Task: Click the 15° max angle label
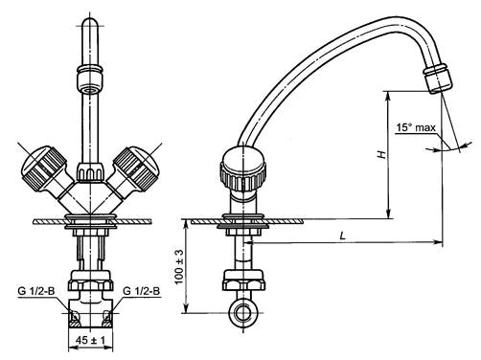click(416, 127)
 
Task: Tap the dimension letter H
click(381, 155)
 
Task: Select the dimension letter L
click(343, 236)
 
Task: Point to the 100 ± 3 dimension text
click(179, 266)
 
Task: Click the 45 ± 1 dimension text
click(90, 340)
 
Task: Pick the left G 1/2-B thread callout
click(36, 291)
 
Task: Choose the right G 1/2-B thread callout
click(142, 291)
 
